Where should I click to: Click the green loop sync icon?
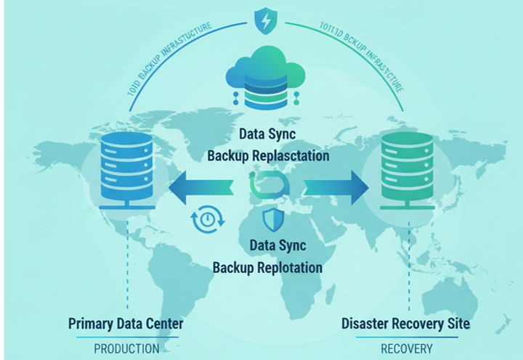tap(266, 186)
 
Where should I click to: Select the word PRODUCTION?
tap(126, 348)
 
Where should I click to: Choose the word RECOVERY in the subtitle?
tap(406, 348)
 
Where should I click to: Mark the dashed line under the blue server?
tap(128, 269)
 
